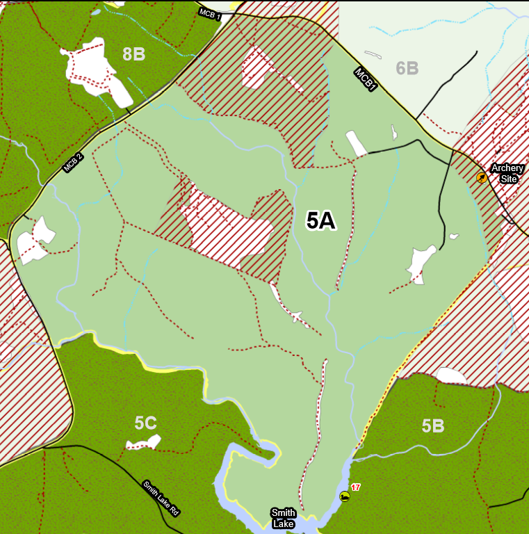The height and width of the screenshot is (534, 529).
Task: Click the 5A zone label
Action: (x=320, y=220)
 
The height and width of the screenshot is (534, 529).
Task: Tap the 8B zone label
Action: (x=133, y=54)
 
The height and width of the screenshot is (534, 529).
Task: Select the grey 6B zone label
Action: (x=407, y=68)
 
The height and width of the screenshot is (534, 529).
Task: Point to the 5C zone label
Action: (x=145, y=422)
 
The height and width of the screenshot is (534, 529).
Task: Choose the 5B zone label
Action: (x=432, y=426)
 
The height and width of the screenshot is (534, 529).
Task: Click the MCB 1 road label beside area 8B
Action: (x=209, y=13)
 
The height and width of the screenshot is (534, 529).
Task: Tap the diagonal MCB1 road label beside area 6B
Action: (x=366, y=79)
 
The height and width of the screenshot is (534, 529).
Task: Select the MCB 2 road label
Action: (x=73, y=163)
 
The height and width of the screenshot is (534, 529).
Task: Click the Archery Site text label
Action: (x=507, y=172)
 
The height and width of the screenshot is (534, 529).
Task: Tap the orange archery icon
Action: (x=481, y=178)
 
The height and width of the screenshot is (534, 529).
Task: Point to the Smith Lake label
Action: (x=283, y=517)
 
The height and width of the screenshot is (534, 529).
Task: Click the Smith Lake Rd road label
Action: (x=161, y=498)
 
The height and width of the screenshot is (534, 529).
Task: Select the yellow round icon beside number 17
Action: (x=344, y=496)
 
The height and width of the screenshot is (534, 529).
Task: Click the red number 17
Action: (x=355, y=487)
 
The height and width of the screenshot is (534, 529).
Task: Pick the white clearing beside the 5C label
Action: (x=145, y=442)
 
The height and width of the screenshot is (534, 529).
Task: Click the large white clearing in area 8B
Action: (x=94, y=70)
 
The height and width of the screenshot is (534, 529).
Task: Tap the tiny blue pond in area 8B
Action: (x=96, y=12)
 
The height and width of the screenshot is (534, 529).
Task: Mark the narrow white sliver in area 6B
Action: (x=373, y=55)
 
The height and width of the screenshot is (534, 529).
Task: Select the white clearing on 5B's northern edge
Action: (x=451, y=376)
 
